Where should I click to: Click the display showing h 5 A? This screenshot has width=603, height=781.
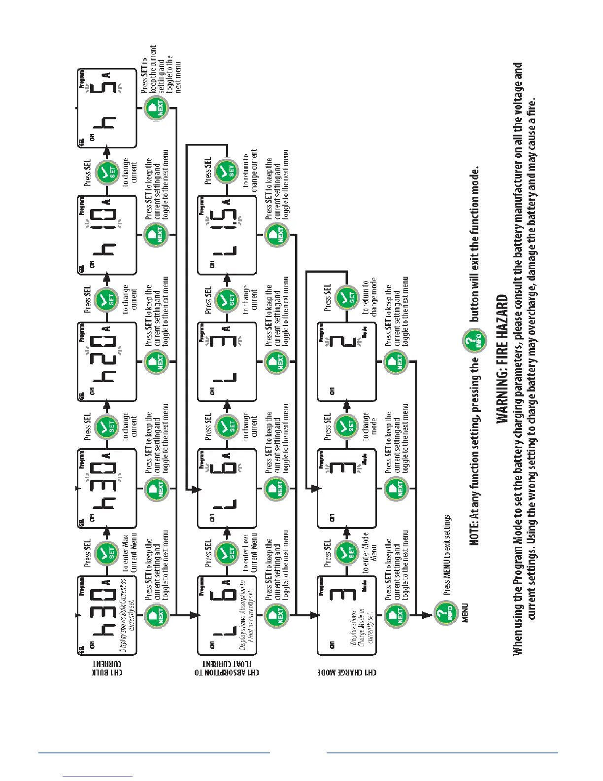click(x=106, y=108)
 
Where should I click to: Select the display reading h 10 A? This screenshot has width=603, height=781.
click(x=106, y=235)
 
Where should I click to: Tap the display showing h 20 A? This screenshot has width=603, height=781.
click(x=106, y=361)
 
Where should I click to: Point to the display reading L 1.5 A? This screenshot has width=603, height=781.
click(x=227, y=235)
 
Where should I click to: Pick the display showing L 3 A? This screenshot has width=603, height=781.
click(x=227, y=361)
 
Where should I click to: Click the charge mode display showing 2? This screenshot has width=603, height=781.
click(x=347, y=361)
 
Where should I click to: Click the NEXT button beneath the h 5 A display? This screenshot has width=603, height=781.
click(x=157, y=108)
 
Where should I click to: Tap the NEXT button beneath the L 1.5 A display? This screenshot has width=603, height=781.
click(x=277, y=235)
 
